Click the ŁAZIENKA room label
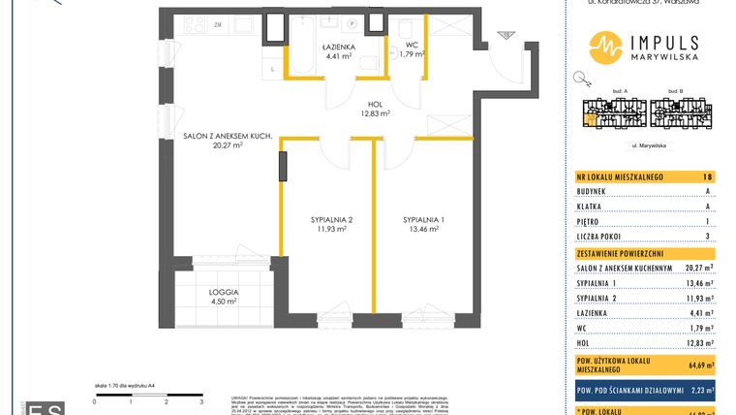(339, 46)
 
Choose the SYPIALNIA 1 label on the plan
(424, 220)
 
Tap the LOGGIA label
(223, 291)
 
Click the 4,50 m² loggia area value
(223, 301)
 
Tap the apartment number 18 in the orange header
(708, 177)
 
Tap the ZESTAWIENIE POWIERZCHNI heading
(620, 253)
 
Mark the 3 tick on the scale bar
(201, 399)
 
